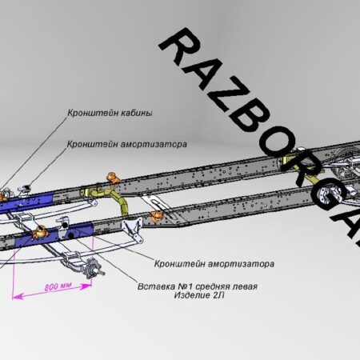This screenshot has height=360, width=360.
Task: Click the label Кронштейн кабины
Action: coord(110,113)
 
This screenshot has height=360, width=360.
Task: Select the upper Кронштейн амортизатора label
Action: coord(127,144)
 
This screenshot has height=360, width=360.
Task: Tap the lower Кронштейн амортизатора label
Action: coord(214,264)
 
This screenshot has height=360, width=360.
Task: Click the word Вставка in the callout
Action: coord(155,286)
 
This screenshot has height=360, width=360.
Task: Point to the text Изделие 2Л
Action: coord(199,295)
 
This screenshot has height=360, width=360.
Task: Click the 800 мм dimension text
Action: coord(58,286)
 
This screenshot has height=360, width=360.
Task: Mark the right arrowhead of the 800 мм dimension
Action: coord(86,286)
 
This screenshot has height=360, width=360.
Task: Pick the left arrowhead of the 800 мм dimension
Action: coord(18,296)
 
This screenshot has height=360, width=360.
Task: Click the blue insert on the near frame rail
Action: coord(54,234)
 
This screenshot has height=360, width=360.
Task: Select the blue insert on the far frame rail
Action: coord(26,202)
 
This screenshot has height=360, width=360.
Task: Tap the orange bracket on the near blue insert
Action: coord(40,232)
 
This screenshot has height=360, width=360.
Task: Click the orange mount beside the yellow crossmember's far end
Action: coord(114,178)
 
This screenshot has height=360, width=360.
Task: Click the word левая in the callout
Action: coord(246,286)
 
